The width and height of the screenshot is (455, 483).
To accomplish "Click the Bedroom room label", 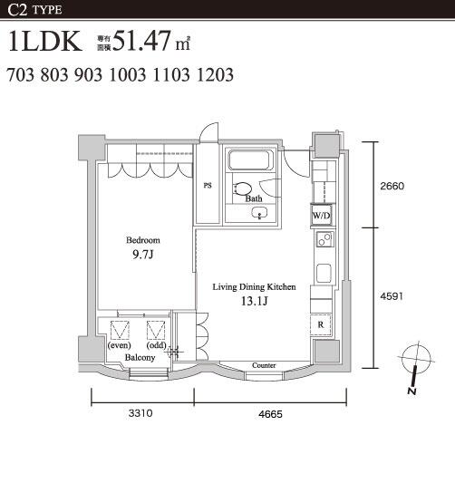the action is pyautogui.click(x=143, y=240).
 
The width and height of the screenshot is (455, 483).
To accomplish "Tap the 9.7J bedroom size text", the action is pyautogui.click(x=143, y=255).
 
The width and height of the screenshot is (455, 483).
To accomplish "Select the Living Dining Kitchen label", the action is pyautogui.click(x=254, y=286).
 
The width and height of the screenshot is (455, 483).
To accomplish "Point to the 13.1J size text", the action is pyautogui.click(x=254, y=301).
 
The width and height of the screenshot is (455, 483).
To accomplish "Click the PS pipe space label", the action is pyautogui.click(x=208, y=186).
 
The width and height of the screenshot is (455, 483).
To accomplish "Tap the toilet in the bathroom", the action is pyautogui.click(x=243, y=188).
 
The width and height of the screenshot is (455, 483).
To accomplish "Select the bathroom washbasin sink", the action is pyautogui.click(x=259, y=213).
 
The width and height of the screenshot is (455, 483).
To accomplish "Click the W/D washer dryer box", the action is pyautogui.click(x=321, y=216).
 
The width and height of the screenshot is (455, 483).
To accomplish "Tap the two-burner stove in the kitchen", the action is pyautogui.click(x=324, y=239).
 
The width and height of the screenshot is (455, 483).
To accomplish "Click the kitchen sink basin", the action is pyautogui.click(x=324, y=273).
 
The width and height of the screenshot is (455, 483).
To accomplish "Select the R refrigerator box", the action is pyautogui.click(x=321, y=324).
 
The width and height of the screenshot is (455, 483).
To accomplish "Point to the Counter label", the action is pyautogui.click(x=264, y=365).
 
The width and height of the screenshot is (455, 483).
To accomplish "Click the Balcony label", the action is pyautogui.click(x=140, y=358).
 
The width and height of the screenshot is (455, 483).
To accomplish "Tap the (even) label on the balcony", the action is pyautogui.click(x=120, y=345).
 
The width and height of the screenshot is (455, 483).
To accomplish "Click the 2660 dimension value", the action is pyautogui.click(x=392, y=186).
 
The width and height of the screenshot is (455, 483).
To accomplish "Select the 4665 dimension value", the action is pyautogui.click(x=270, y=414).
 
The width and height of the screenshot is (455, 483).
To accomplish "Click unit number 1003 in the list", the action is pyautogui.click(x=128, y=75).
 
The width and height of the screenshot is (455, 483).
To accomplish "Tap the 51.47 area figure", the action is pyautogui.click(x=141, y=41).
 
